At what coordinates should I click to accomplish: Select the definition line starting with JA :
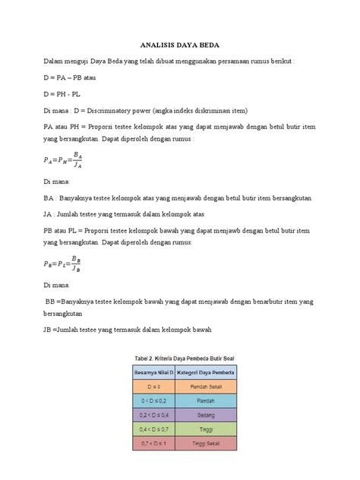(x=115, y=215)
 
